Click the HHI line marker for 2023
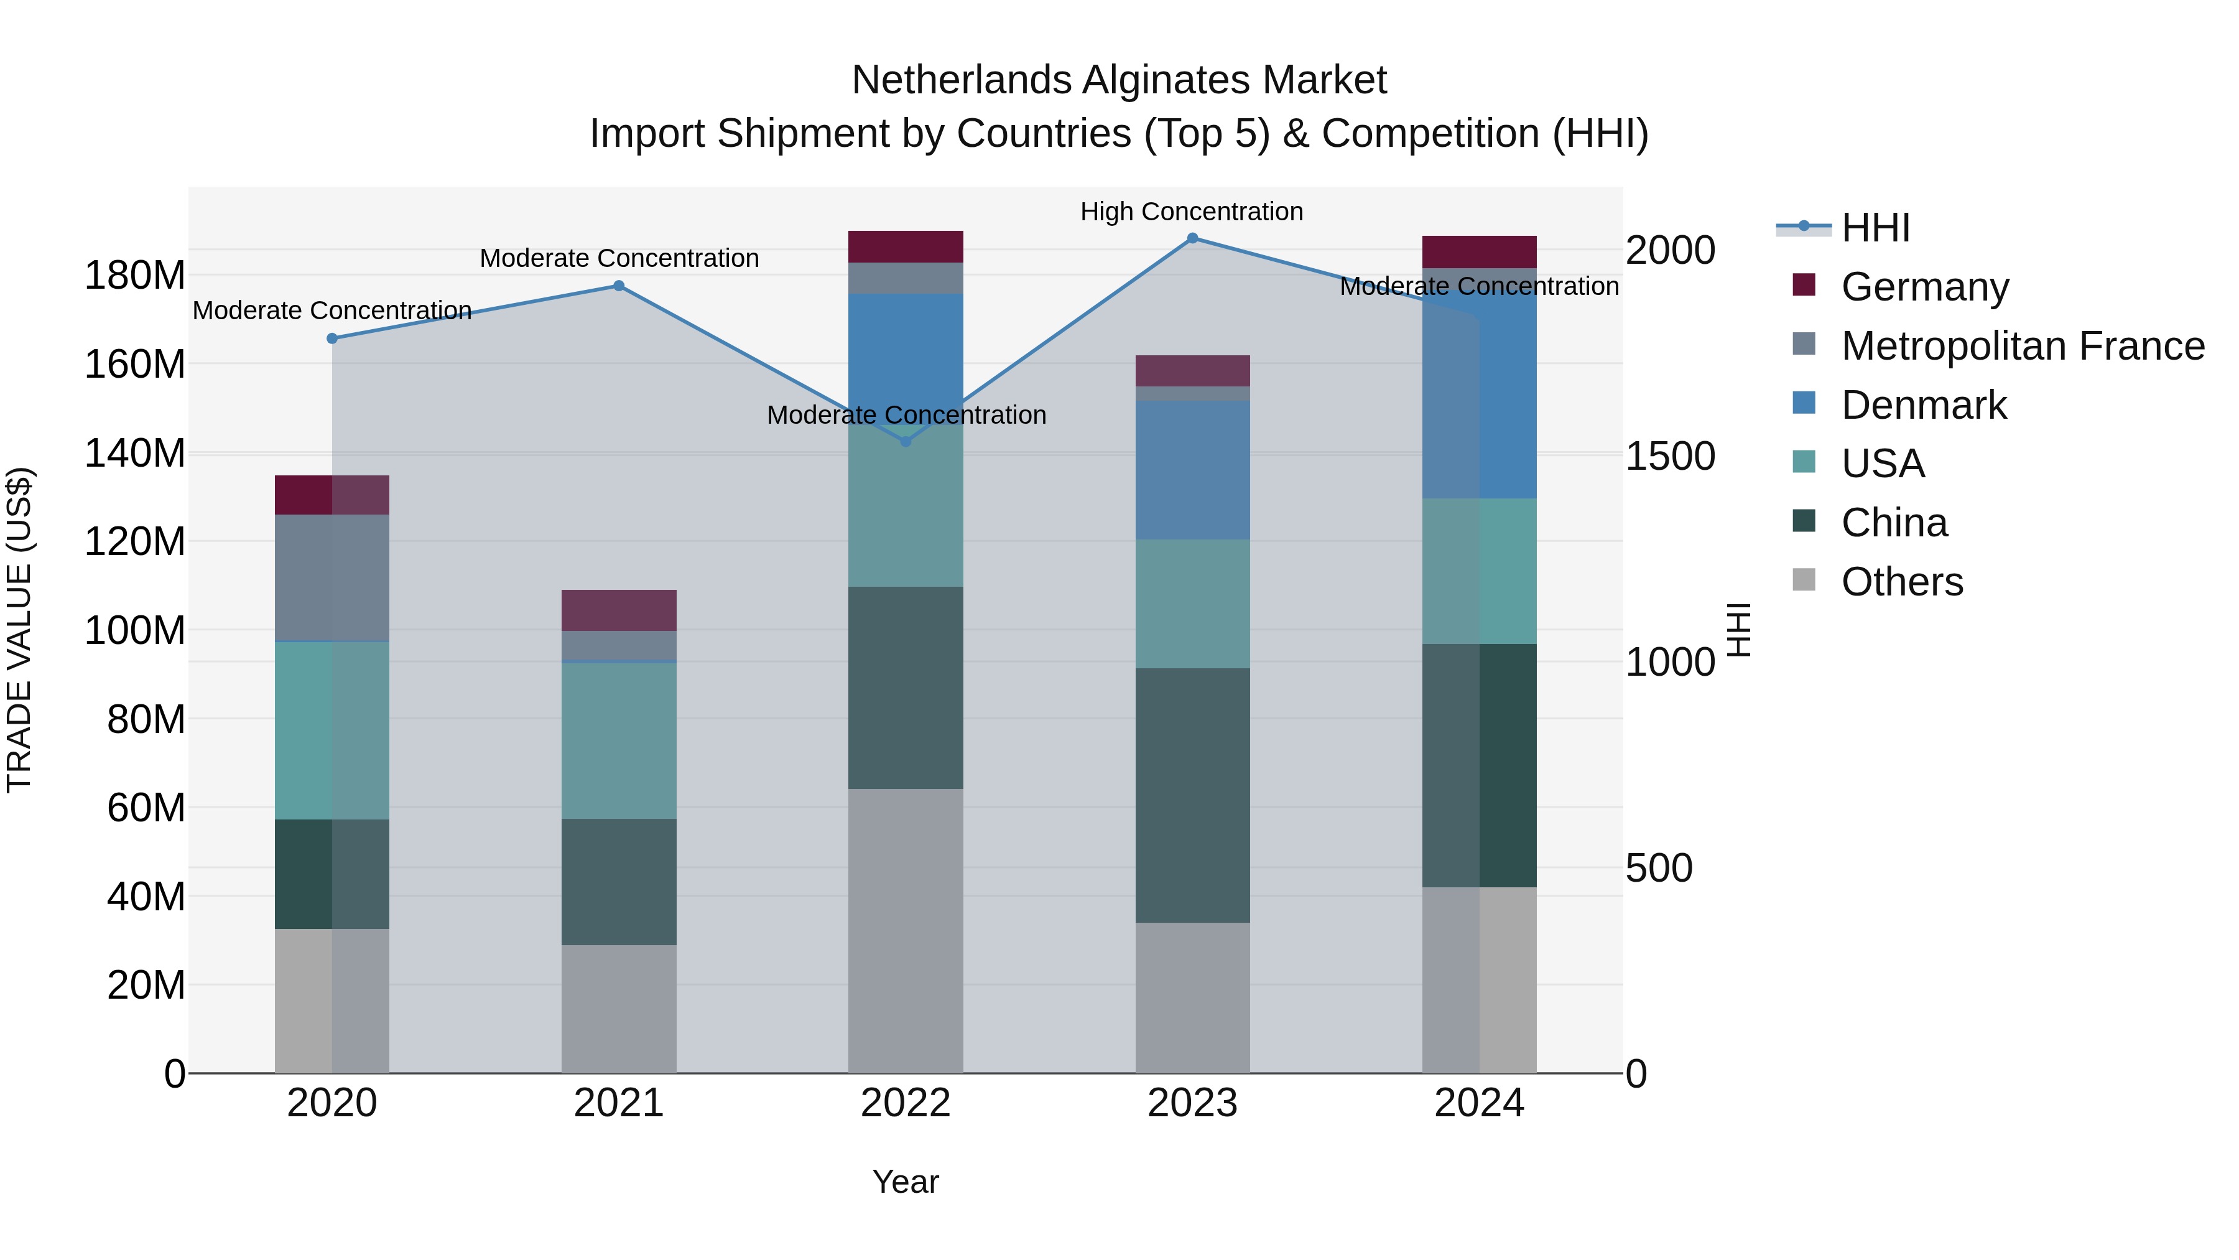1192,238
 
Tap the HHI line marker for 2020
332,338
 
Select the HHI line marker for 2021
619,286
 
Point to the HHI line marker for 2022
906,442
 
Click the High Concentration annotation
1192,212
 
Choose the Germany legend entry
1924,287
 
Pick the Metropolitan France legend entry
2022,346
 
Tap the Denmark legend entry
1924,405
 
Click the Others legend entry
1902,582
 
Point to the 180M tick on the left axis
135,276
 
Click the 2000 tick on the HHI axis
1671,250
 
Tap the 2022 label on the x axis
906,1103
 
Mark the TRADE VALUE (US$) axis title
20,630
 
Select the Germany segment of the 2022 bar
906,247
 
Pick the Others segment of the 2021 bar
619,1009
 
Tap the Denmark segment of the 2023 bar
1192,470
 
